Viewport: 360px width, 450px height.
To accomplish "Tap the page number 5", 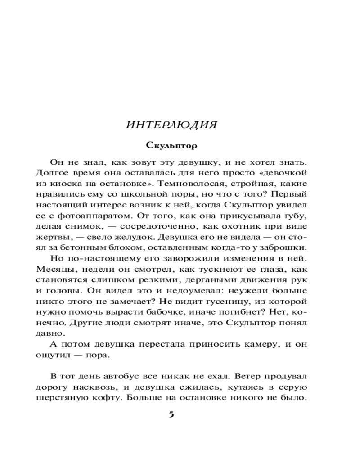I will click(x=171, y=414).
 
